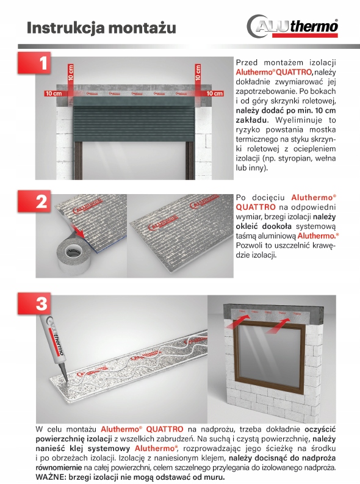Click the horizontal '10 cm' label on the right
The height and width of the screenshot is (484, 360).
214,93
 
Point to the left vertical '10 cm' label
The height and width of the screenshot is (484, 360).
71,74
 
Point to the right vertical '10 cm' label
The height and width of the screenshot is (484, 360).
198,74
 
